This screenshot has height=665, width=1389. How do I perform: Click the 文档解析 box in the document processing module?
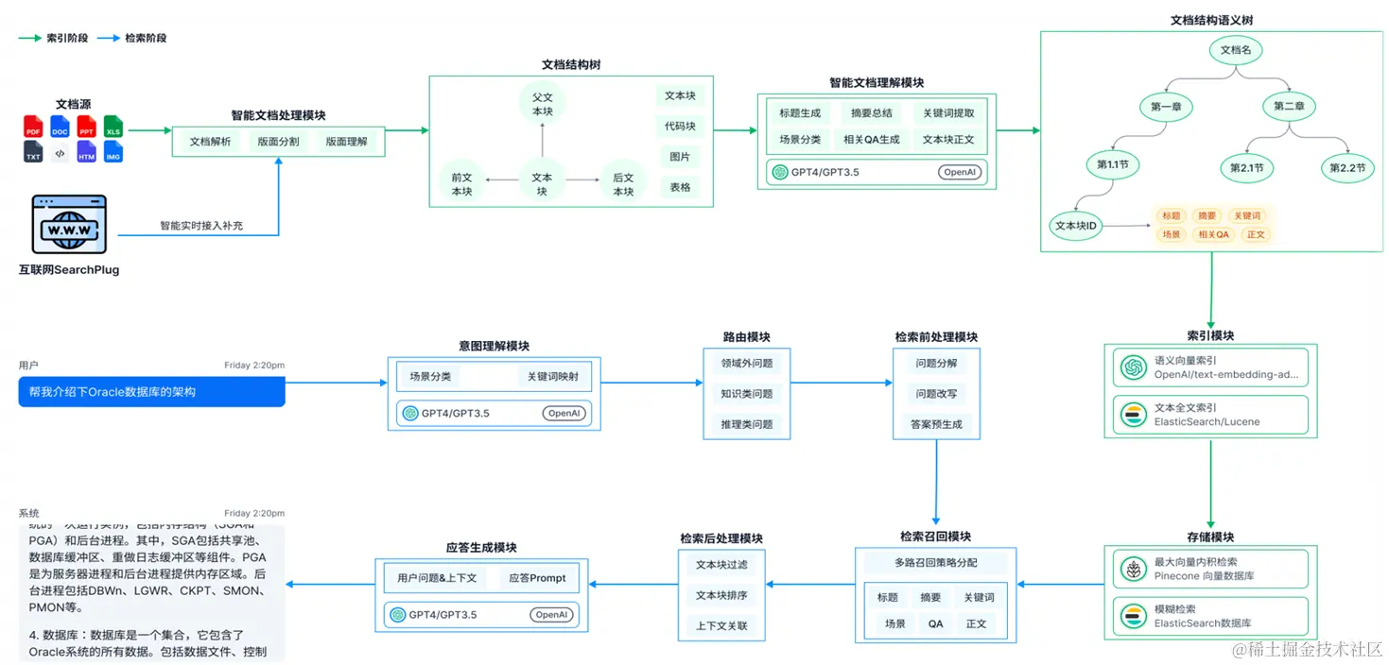210,142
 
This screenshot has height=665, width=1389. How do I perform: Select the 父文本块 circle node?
542,104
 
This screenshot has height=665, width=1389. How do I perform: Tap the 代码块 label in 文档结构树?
679,127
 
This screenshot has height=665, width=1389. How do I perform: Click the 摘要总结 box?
871,113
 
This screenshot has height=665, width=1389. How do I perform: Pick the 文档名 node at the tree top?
1235,50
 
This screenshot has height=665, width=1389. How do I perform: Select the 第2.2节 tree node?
1347,167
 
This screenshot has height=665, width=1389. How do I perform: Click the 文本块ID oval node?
1075,226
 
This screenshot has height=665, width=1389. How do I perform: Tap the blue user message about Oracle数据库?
151,392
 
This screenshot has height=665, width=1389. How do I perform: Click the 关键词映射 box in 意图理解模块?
553,376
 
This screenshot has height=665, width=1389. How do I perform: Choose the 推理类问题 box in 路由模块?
746,424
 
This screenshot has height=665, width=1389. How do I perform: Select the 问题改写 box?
936,394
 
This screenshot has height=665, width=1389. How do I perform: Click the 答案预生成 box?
936,424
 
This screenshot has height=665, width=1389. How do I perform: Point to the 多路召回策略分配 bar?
935,563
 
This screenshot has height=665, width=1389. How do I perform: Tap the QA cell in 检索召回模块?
935,623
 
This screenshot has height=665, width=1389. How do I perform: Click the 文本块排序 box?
721,595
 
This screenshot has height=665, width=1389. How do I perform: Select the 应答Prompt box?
536,578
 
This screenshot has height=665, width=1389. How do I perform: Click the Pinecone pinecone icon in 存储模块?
1131,569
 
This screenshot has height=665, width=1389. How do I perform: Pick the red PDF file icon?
34,126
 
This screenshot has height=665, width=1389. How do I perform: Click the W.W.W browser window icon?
69,225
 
